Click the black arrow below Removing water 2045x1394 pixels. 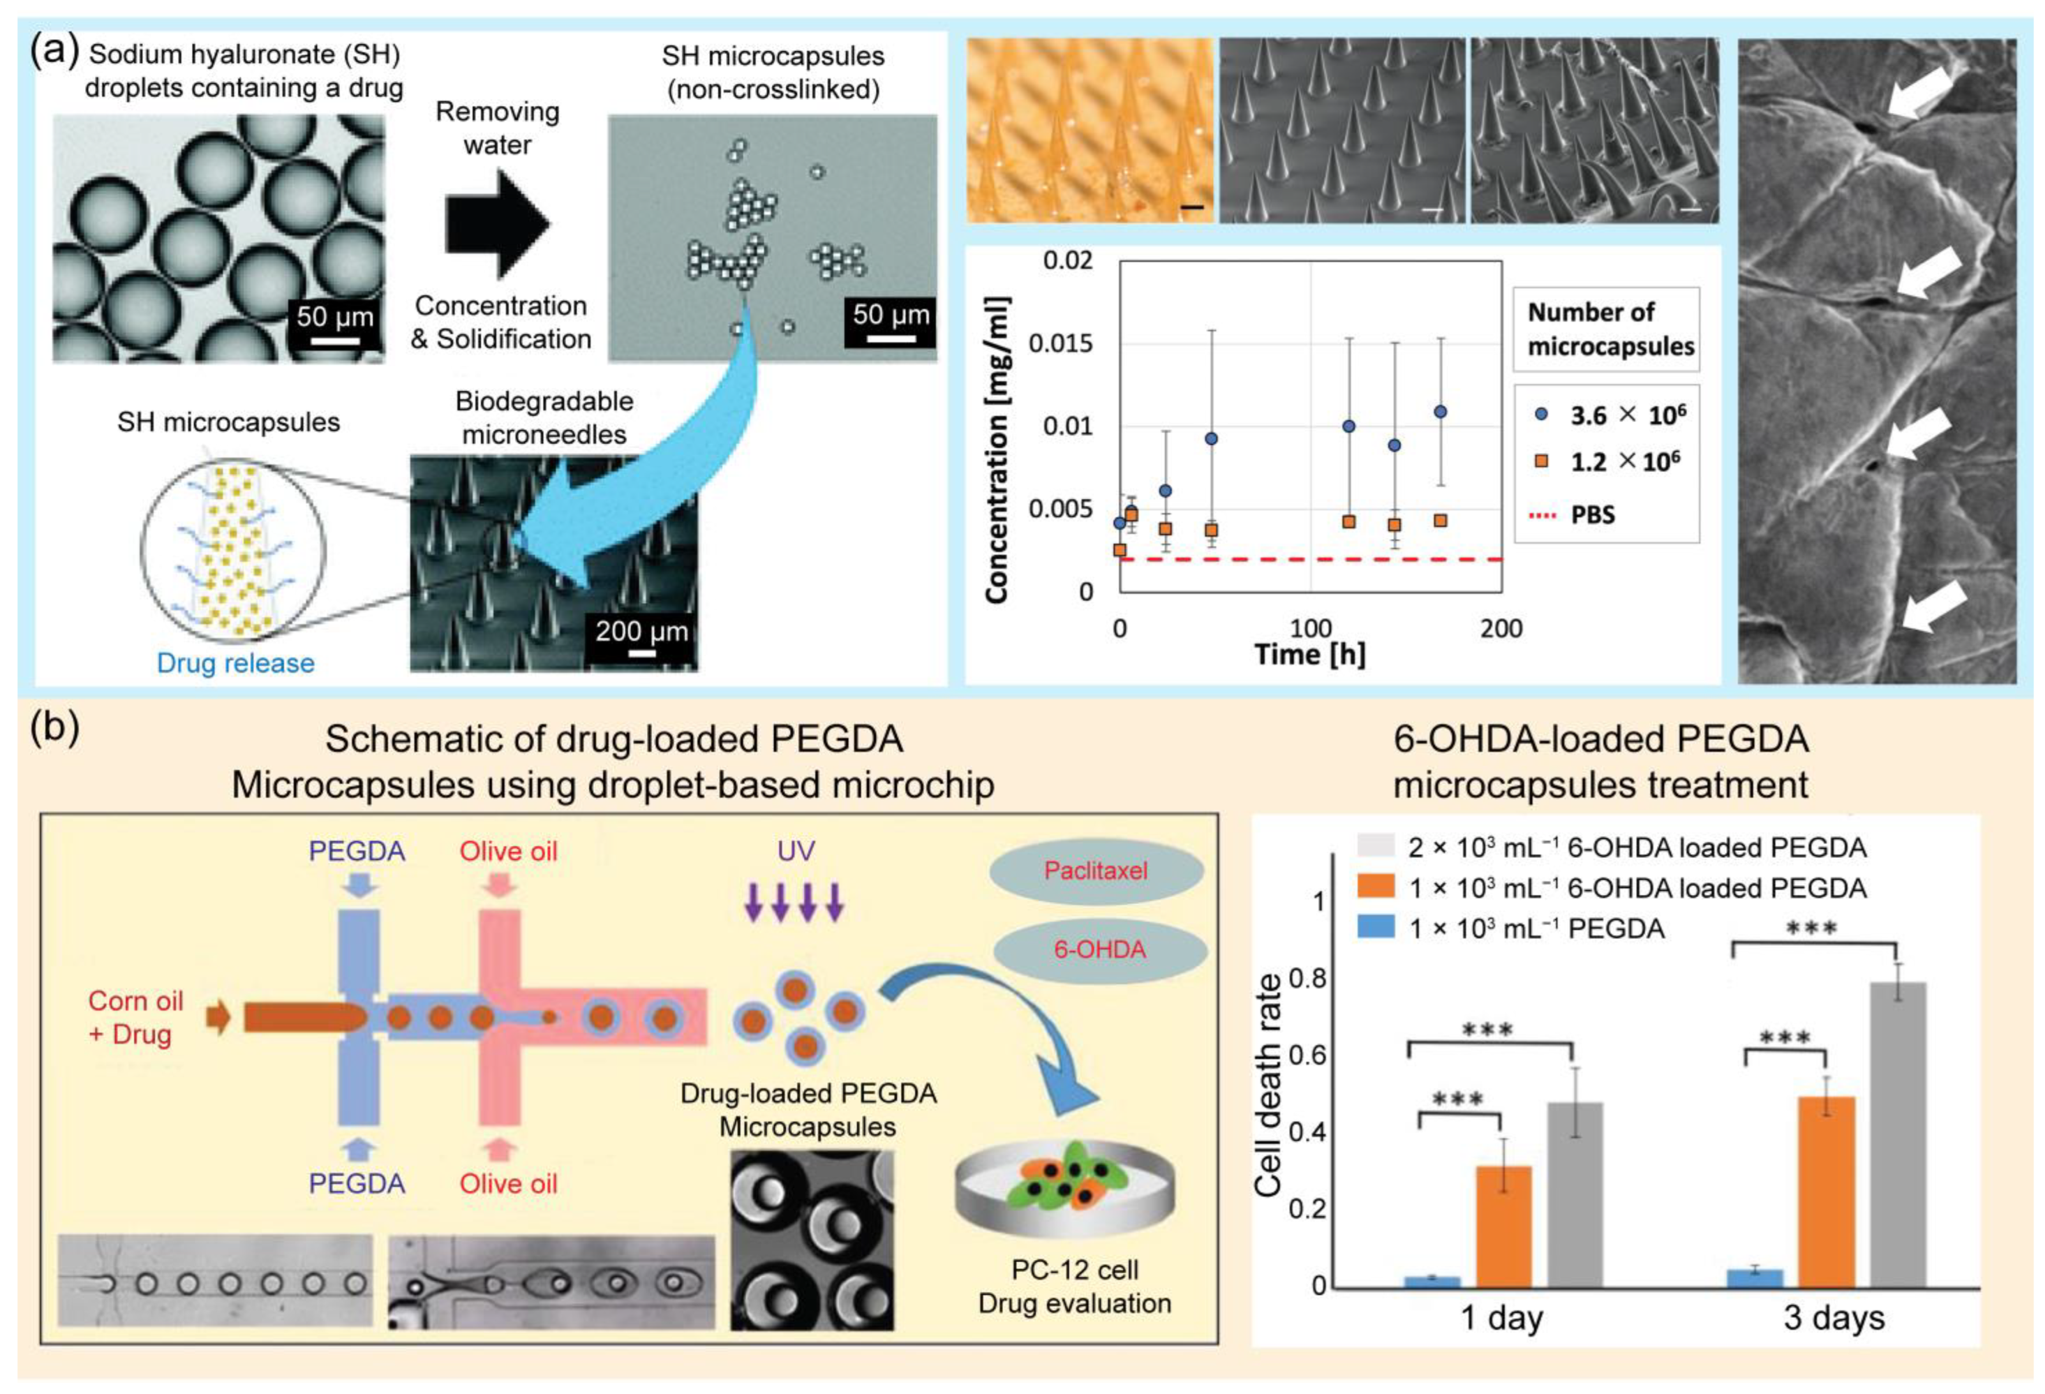pos(498,224)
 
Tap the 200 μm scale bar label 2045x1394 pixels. pos(641,630)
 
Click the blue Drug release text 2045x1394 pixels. pos(235,663)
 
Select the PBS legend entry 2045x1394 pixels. pos(1592,515)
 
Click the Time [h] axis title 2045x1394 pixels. pos(1310,654)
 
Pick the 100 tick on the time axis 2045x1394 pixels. pos(1310,629)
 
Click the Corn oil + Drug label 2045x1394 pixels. pos(136,1017)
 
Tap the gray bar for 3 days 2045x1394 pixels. pos(1898,1135)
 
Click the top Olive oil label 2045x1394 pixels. pos(508,851)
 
